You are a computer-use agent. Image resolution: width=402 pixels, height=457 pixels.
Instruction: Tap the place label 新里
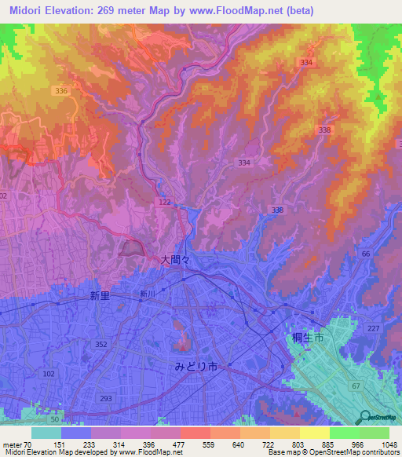[x=100, y=296]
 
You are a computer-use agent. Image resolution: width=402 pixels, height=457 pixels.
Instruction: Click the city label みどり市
[x=199, y=366]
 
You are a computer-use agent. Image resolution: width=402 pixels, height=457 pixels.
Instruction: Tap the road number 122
[x=163, y=203]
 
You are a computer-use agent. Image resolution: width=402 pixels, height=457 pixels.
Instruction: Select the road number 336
[x=62, y=91]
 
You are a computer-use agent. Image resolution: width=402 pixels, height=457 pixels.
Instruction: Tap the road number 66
[x=366, y=254]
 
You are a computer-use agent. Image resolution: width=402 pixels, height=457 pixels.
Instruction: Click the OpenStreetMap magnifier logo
[x=364, y=417]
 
